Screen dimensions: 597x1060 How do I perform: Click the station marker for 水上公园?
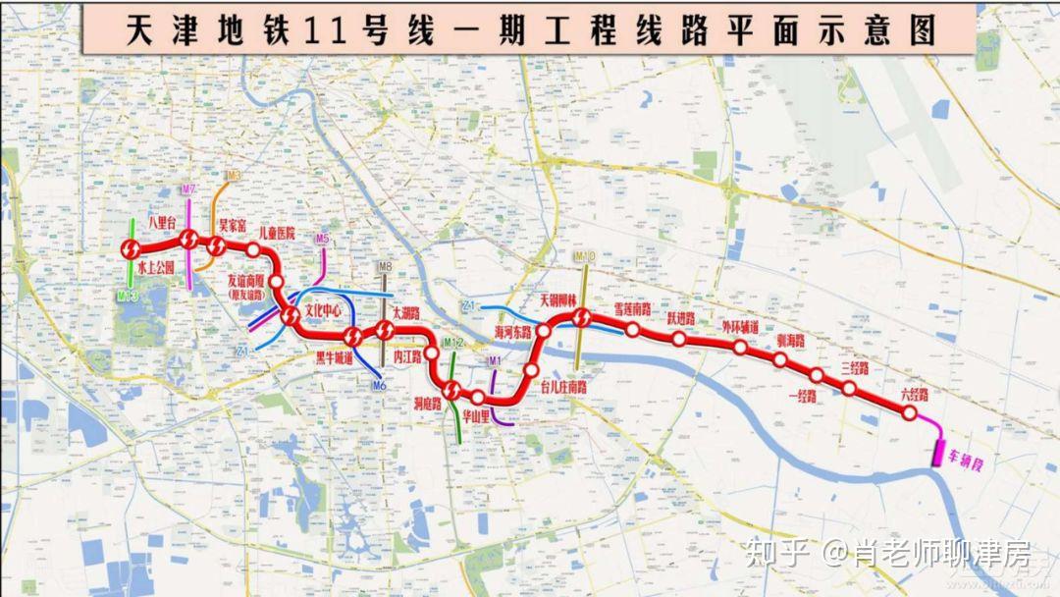point(130,250)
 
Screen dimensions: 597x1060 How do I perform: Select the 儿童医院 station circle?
point(253,249)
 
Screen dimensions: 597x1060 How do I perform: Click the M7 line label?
point(188,188)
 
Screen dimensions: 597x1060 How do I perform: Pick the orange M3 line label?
point(233,176)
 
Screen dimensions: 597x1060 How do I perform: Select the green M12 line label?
point(453,343)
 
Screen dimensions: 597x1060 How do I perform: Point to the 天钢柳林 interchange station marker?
point(581,318)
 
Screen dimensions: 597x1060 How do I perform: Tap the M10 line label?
point(585,257)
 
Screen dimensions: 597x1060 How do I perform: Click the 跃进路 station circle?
point(679,340)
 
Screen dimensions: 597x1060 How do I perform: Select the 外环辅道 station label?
point(740,325)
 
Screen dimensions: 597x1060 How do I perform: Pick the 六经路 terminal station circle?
point(910,414)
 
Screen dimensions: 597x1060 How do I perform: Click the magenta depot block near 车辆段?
point(939,453)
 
